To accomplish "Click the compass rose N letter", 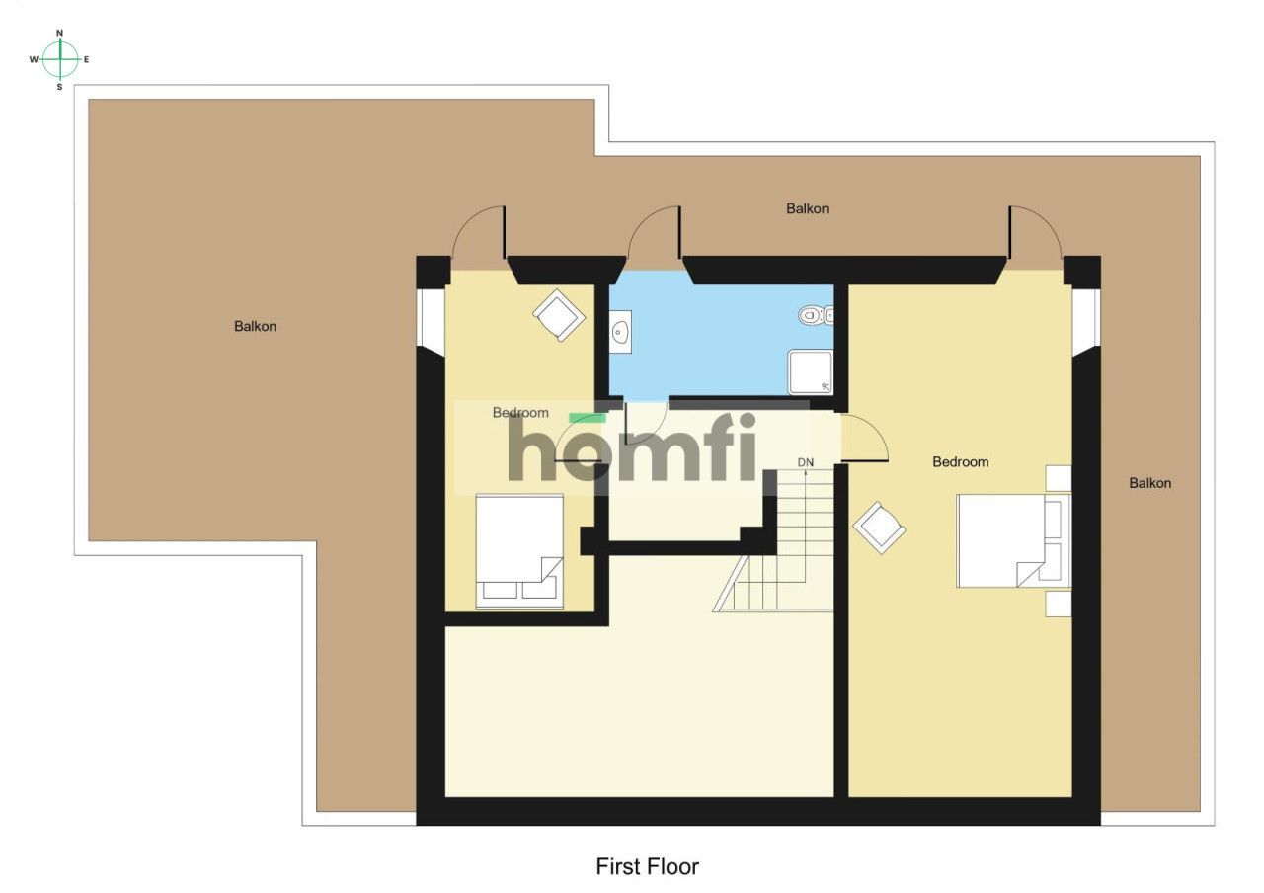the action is tap(60, 33).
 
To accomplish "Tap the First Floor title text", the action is tap(647, 866).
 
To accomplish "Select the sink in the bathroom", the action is tap(620, 331).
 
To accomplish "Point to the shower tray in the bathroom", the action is tap(811, 372).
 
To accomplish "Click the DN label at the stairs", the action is tap(805, 462).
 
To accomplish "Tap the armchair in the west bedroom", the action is tap(559, 315).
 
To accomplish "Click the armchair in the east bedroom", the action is tap(879, 528).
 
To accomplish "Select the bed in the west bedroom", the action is tap(519, 551).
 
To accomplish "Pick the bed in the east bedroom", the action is tap(1013, 540).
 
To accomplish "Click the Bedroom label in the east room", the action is tap(960, 461).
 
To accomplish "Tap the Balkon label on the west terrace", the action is tap(255, 326).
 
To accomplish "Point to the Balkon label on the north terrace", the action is tap(808, 208).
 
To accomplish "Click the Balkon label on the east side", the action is tap(1149, 483).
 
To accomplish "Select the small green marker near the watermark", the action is tap(587, 418).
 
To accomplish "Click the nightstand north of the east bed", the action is tap(1059, 478).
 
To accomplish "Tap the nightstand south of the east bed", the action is tap(1059, 604).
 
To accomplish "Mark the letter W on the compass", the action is tap(34, 59).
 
